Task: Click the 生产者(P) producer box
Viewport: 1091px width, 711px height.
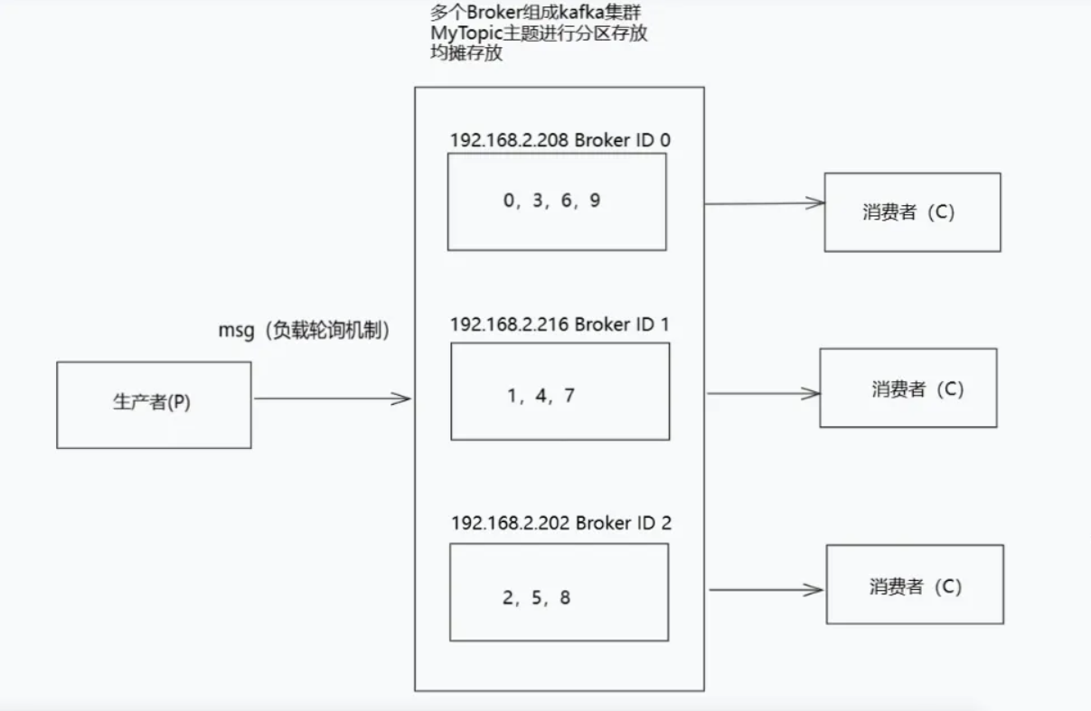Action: (x=153, y=404)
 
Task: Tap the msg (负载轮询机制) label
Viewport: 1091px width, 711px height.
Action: (x=304, y=331)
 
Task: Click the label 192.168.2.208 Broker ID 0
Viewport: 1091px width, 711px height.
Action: (x=560, y=140)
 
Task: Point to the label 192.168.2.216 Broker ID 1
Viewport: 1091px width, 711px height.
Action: (x=560, y=323)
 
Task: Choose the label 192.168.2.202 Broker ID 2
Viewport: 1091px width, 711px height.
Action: (x=561, y=523)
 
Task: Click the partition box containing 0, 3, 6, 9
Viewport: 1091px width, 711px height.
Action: (x=557, y=201)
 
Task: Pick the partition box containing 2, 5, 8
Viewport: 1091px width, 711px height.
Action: (x=558, y=592)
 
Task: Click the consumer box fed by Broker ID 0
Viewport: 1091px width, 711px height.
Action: (x=911, y=212)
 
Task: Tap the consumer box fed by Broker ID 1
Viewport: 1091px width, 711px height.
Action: (x=908, y=388)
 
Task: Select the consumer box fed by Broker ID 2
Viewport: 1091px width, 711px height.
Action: (x=914, y=584)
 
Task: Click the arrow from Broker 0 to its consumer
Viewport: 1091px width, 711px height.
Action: (x=764, y=203)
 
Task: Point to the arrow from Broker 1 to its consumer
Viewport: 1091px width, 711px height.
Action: (x=764, y=393)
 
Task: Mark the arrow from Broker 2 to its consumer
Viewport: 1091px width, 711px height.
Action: (x=766, y=590)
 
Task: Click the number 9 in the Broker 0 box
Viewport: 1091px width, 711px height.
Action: (x=594, y=201)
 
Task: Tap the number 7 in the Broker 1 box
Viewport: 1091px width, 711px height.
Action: (x=569, y=396)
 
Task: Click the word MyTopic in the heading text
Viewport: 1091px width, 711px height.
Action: (x=466, y=34)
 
